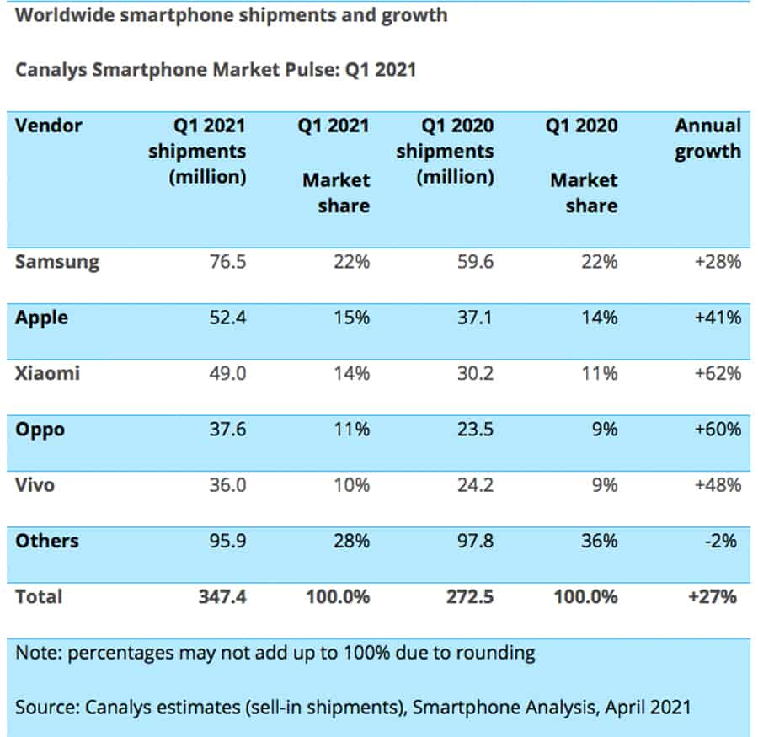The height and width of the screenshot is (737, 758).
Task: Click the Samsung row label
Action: pos(57,262)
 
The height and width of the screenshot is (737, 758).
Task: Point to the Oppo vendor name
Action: pos(40,429)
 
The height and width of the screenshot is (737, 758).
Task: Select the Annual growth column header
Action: pos(707,139)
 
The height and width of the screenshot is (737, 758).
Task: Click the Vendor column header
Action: pos(49,126)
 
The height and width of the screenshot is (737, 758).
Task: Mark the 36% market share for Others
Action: pos(599,541)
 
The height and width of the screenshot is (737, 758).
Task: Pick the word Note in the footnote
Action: pos(35,651)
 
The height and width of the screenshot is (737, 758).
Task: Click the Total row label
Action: pos(39,597)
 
